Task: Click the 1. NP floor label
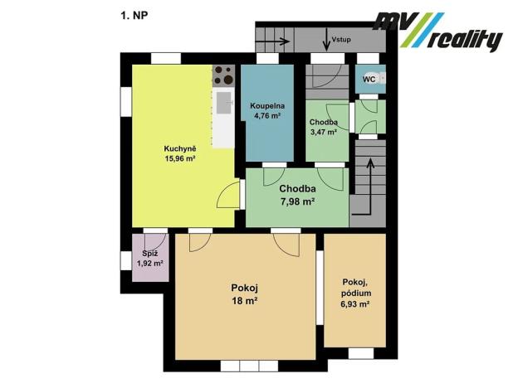[x=134, y=16]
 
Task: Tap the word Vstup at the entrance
[x=341, y=40]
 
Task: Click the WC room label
[x=369, y=80]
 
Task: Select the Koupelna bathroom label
[x=267, y=106]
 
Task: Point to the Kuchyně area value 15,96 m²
[x=179, y=158]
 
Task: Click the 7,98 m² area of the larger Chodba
[x=297, y=201]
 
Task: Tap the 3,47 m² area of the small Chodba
[x=323, y=132]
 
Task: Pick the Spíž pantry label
[x=150, y=254]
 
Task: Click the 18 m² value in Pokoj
[x=244, y=301]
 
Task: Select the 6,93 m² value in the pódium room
[x=354, y=304]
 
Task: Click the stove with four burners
[x=223, y=75]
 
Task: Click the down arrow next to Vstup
[x=327, y=40]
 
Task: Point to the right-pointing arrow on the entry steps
[x=273, y=41]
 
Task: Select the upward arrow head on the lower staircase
[x=371, y=162]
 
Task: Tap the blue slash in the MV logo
[x=426, y=30]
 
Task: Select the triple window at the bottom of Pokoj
[x=249, y=366]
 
